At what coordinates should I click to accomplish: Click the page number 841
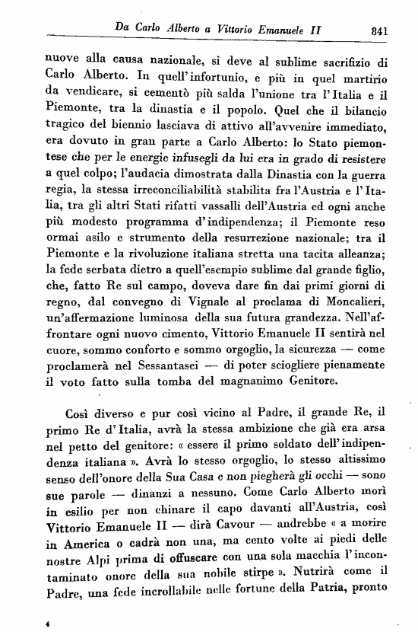[x=376, y=31]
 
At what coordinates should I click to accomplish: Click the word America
[x=86, y=564]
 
